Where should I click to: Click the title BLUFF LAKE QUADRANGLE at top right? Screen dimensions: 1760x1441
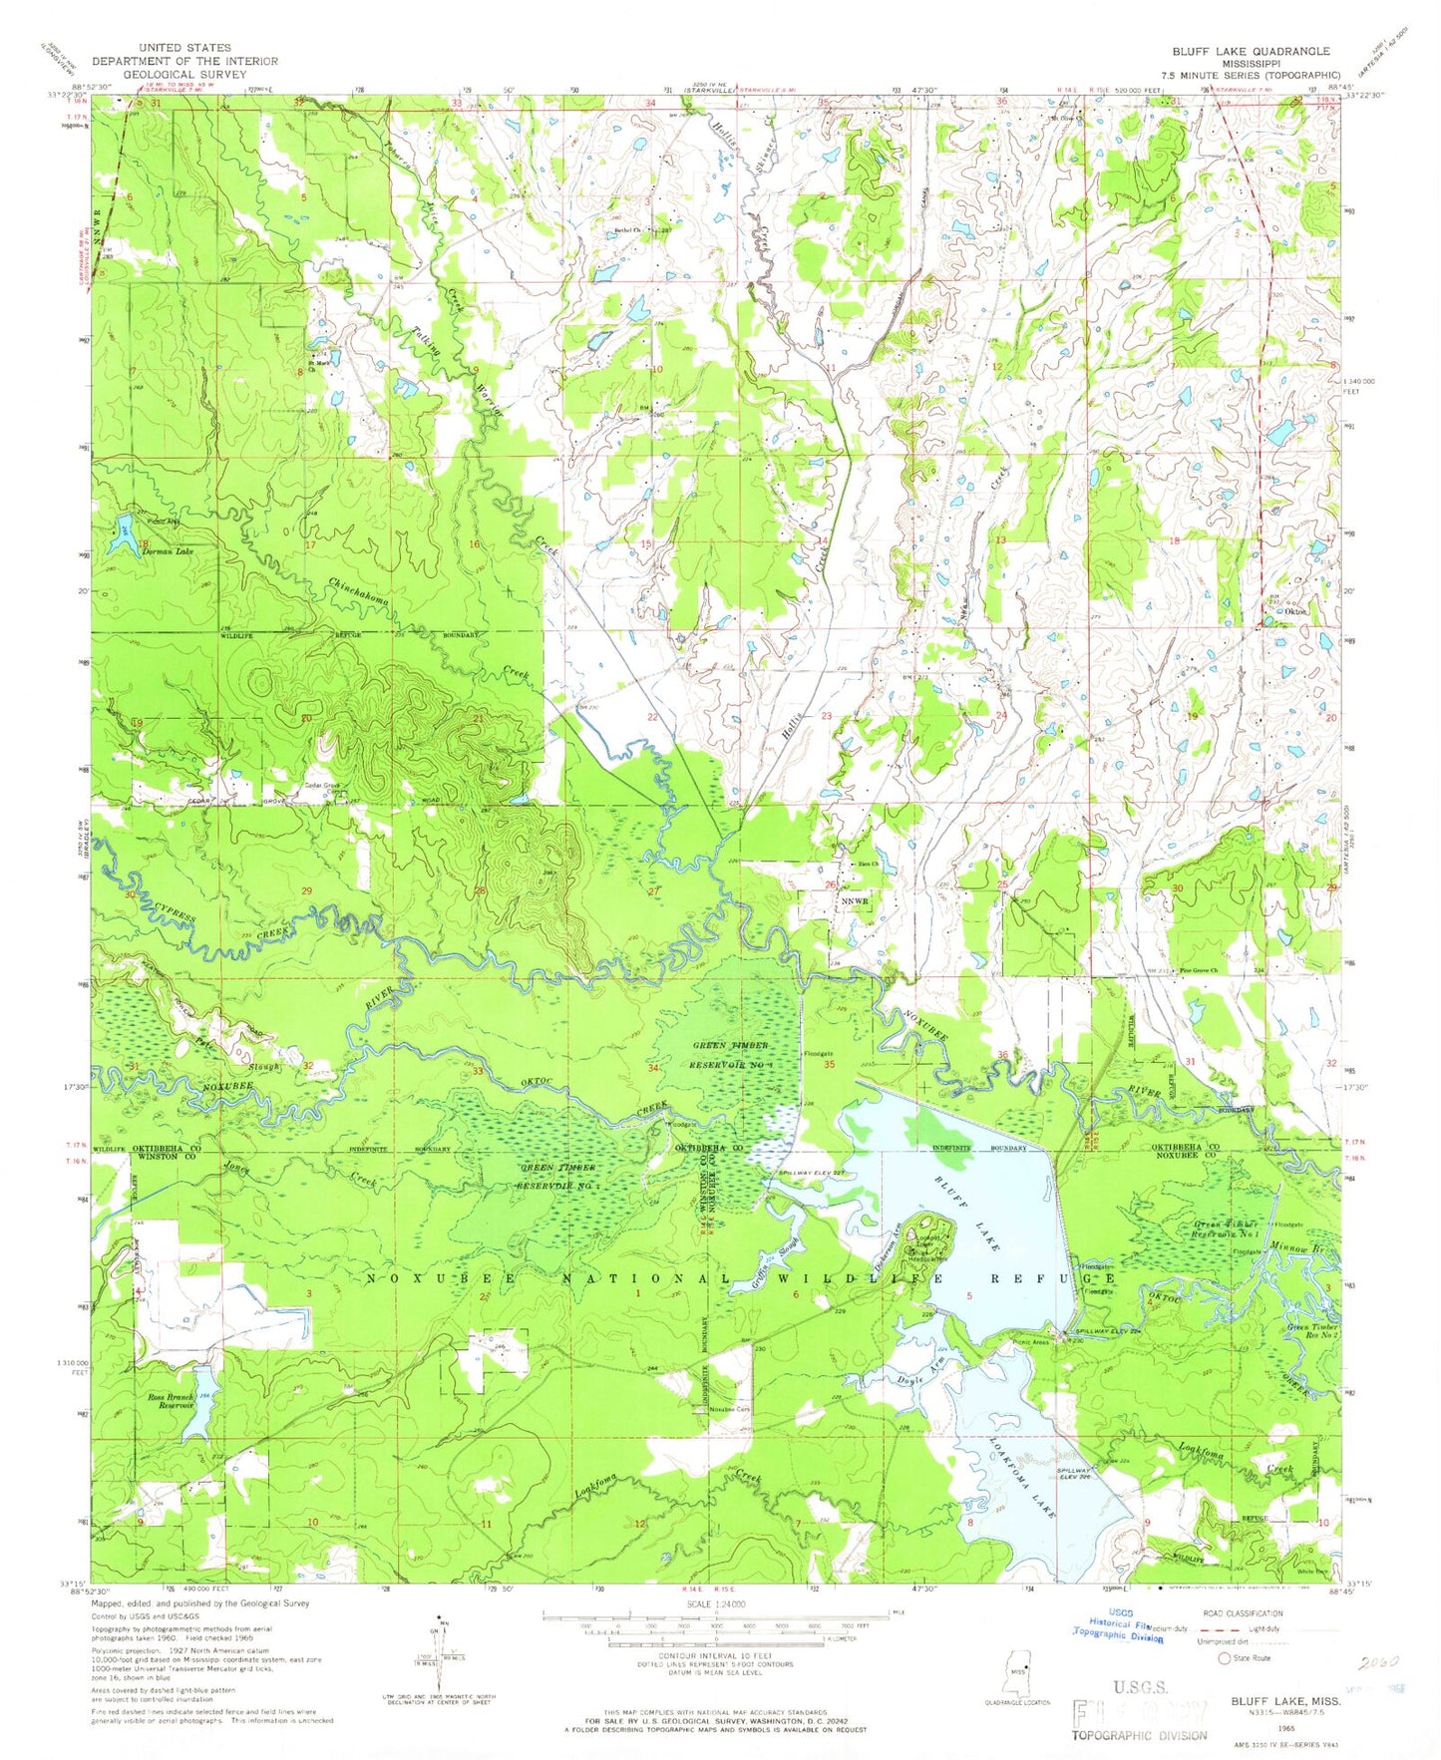click(1257, 51)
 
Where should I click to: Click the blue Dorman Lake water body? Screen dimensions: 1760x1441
click(124, 529)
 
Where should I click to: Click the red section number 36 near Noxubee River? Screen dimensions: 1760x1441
click(1002, 1055)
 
